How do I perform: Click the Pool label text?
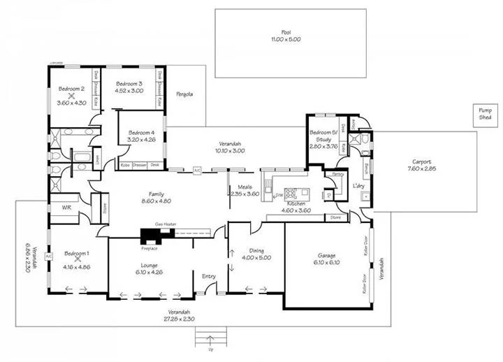(285, 32)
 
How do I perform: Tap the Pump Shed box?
(485, 114)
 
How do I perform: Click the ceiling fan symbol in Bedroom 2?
(71, 96)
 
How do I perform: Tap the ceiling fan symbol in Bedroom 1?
(78, 259)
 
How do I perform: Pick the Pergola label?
(184, 94)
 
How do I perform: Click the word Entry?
(209, 277)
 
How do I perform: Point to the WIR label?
(67, 208)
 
